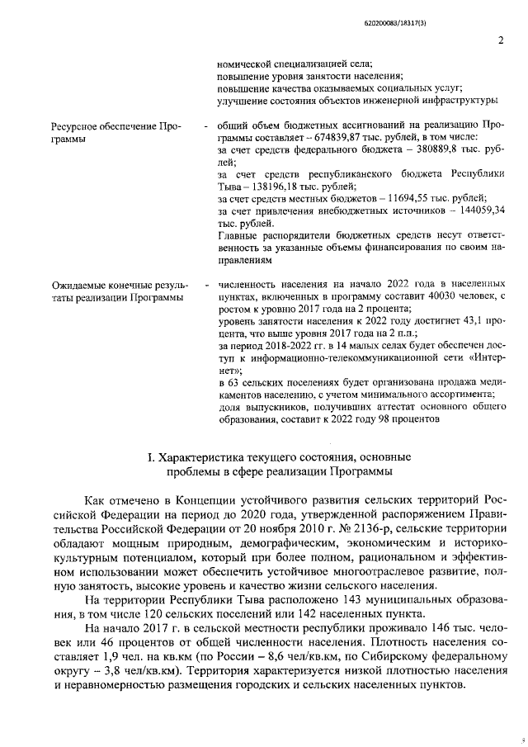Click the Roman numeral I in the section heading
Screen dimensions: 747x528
[x=148, y=457]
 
